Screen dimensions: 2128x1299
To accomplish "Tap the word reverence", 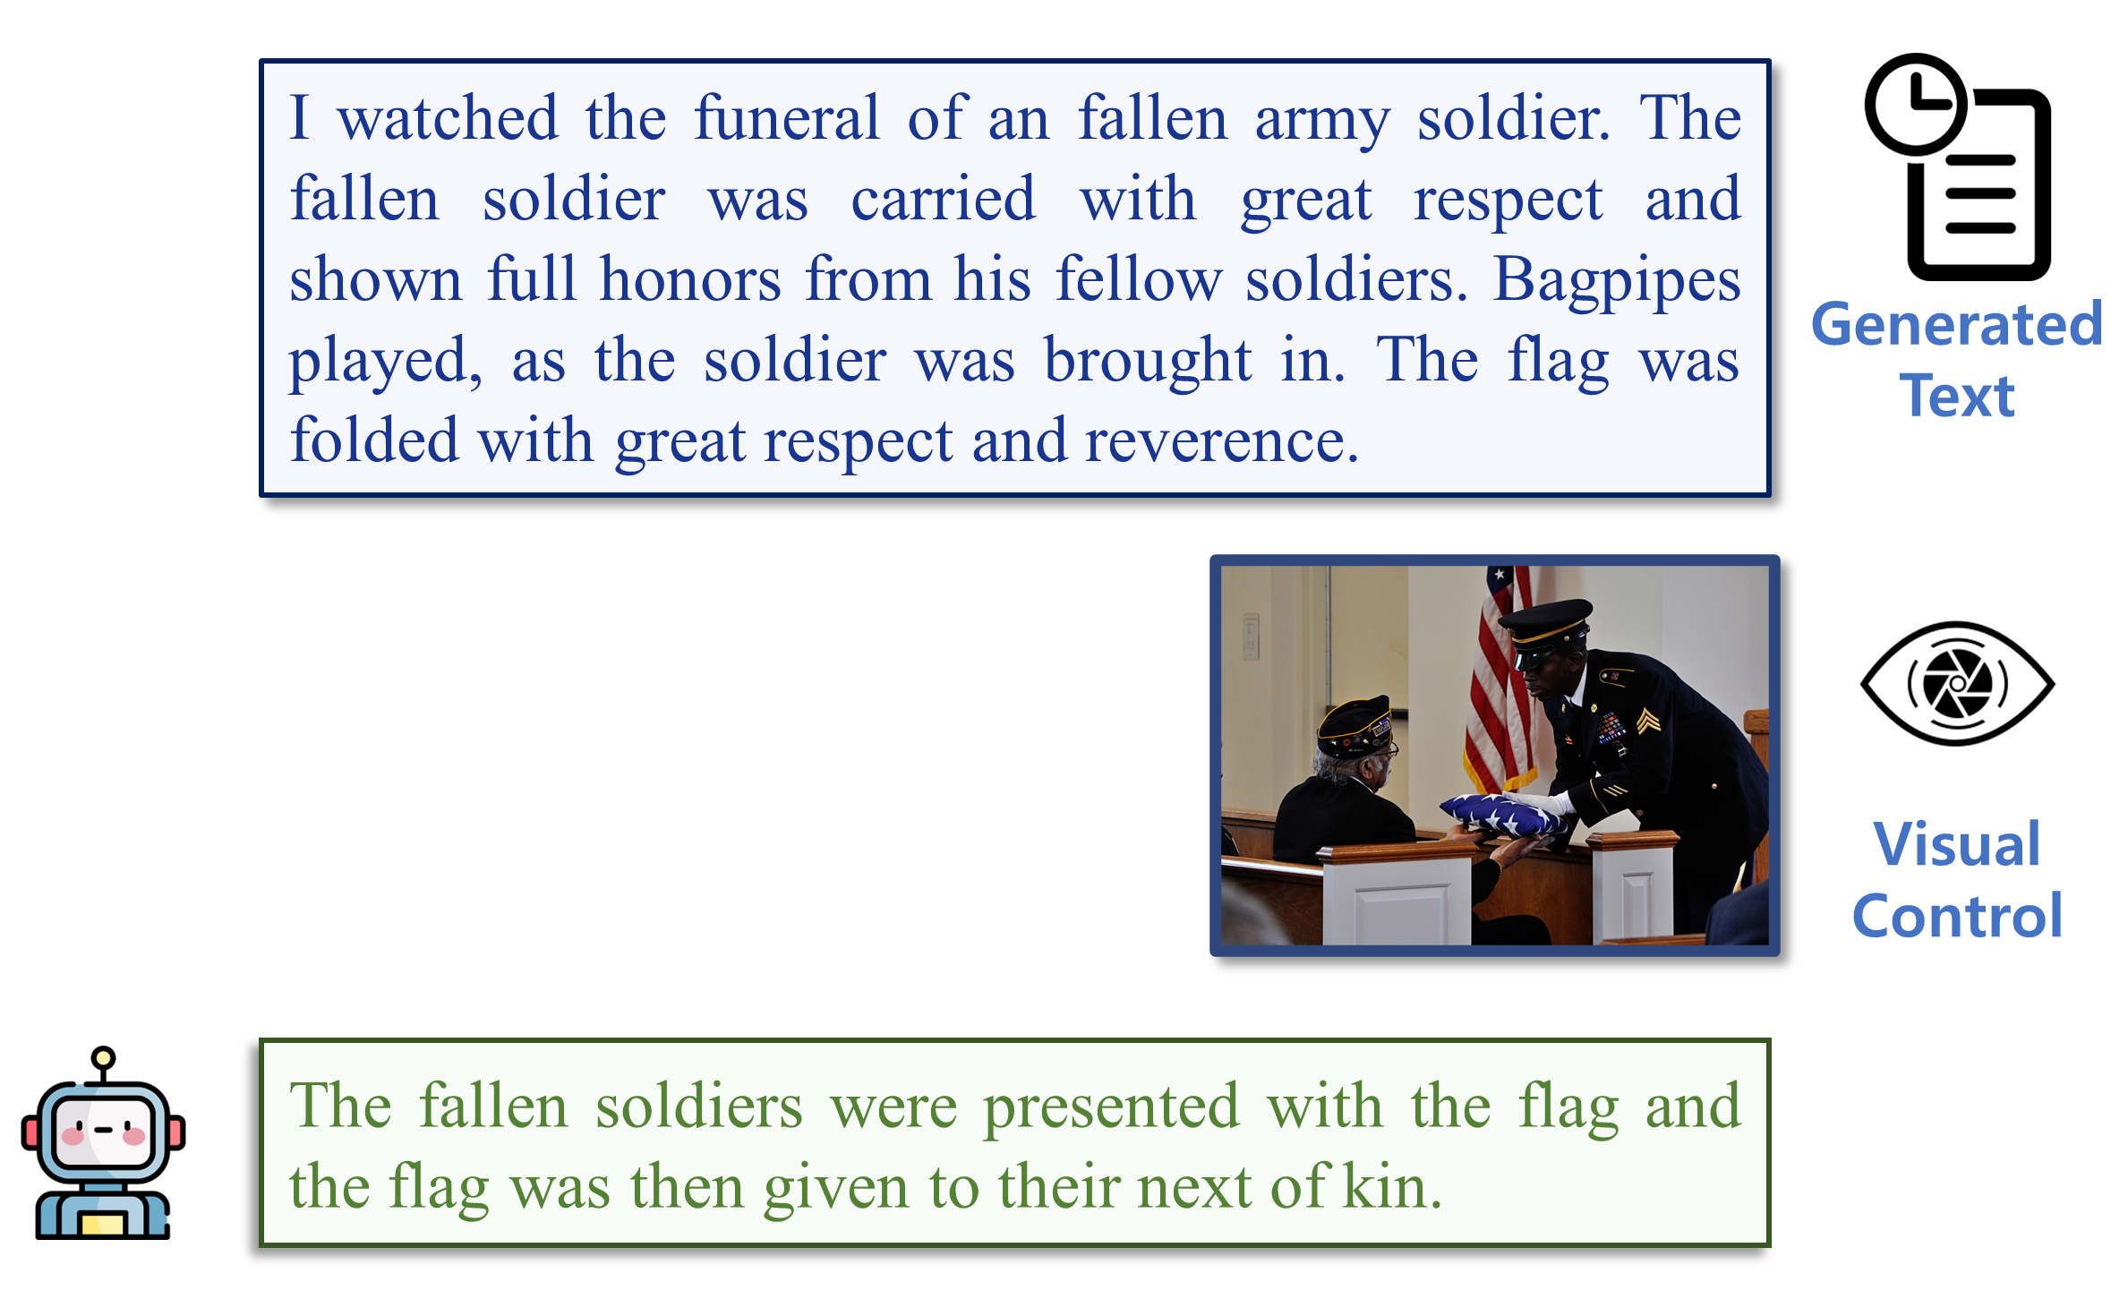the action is (1223, 441).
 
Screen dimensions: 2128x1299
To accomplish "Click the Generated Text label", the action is (1957, 360).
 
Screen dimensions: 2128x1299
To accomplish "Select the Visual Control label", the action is (1957, 879).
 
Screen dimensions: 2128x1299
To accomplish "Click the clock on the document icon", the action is (1916, 104).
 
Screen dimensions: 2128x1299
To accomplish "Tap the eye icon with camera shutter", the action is (1957, 684).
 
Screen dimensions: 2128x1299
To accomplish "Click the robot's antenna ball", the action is (104, 1058).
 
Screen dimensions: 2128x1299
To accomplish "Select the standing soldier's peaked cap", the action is (1547, 624).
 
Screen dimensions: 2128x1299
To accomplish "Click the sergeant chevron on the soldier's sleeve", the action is (1647, 721).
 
